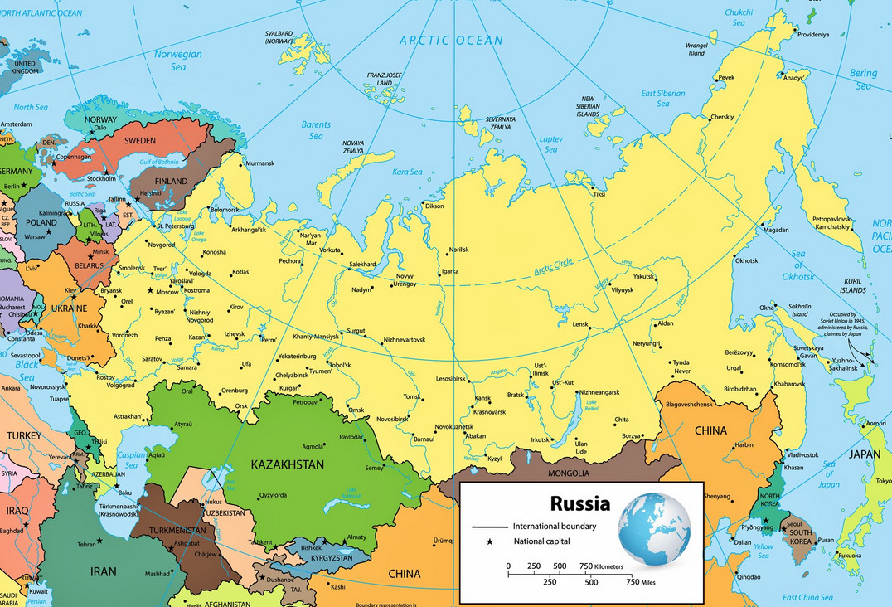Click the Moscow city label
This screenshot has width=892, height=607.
point(167,293)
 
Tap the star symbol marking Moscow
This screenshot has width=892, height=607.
point(150,291)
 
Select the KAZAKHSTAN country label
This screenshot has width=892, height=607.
point(287,464)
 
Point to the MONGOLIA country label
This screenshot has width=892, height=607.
point(569,473)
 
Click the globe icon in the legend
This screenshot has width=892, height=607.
point(654,528)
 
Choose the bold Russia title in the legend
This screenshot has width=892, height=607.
point(580,503)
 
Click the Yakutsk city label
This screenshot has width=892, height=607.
point(644,275)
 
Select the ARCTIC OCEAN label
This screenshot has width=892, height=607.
point(451,40)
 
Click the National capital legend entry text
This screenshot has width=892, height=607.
point(546,541)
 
